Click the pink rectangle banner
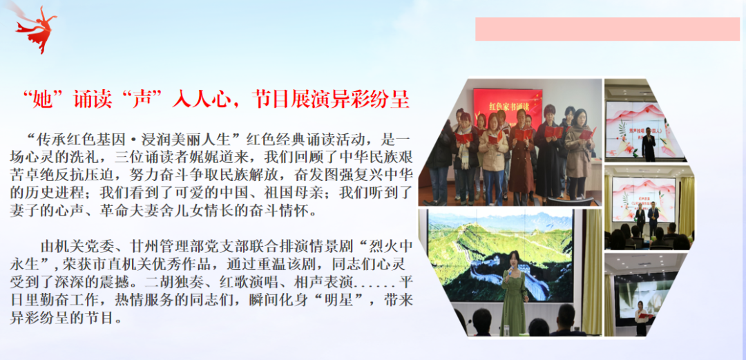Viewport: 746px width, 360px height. pos(607,29)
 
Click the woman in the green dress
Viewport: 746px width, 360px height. pos(513,293)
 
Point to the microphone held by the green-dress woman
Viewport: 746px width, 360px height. pos(510,272)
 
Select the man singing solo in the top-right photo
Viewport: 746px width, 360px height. pos(649,142)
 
